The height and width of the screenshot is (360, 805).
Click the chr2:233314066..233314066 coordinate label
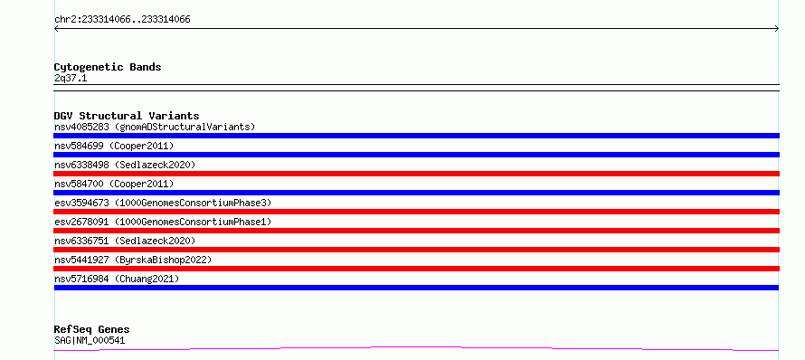pos(122,20)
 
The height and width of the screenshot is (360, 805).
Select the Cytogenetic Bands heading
pos(108,67)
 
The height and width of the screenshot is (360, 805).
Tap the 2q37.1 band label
pos(71,79)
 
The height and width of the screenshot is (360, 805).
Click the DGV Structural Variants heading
pos(127,116)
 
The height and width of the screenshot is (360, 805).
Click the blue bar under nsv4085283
pos(416,136)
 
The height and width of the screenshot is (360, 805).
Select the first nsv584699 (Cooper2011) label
pos(114,146)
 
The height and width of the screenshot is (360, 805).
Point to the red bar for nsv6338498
pos(416,174)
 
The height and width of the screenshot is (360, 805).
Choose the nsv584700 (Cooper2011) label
pos(114,184)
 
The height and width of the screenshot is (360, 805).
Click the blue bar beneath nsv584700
pos(416,193)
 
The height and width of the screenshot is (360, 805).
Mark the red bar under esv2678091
pos(416,231)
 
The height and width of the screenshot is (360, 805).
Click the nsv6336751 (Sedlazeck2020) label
pos(125,241)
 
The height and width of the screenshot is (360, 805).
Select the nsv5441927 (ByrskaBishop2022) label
pos(133,260)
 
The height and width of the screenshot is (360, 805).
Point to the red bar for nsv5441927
pos(416,269)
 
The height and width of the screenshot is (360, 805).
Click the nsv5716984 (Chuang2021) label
pos(117,279)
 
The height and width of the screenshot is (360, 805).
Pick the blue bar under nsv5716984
pos(416,288)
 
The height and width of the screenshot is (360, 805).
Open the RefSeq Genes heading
pos(92,329)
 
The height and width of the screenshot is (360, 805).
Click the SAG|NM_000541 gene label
pos(90,340)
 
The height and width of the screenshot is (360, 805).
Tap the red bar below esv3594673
pos(416,212)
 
